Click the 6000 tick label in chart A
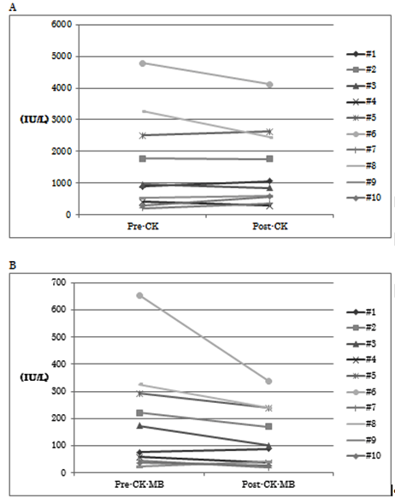(62, 25)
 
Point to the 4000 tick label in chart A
(62, 88)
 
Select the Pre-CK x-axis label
(143, 226)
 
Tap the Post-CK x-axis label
(270, 226)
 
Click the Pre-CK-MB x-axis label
(139, 484)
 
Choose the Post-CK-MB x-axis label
(268, 484)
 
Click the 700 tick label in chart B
(59, 282)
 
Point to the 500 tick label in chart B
(59, 336)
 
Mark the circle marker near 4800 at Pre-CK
(143, 63)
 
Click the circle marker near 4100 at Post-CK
(269, 85)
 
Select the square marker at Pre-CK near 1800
(143, 158)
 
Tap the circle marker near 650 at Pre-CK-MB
(139, 296)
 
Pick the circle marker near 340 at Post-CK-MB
(268, 381)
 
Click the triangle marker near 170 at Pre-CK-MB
(139, 426)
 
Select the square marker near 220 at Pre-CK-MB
(139, 413)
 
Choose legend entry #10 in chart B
(364, 456)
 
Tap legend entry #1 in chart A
(362, 54)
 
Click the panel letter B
(13, 265)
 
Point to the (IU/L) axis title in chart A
(34, 120)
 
